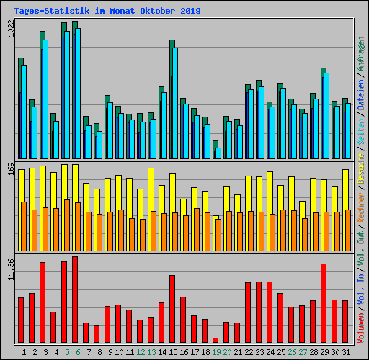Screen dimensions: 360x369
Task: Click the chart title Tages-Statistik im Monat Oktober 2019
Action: point(107,11)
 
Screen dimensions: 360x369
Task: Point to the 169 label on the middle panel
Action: point(10,170)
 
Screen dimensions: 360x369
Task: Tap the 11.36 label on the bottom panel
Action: point(10,270)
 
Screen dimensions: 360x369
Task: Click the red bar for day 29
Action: point(324,303)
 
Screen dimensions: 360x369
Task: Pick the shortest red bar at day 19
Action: point(215,340)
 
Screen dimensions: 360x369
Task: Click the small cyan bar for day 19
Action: point(218,153)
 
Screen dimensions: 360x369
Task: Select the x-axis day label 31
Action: point(347,352)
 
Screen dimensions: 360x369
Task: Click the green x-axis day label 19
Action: point(217,352)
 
